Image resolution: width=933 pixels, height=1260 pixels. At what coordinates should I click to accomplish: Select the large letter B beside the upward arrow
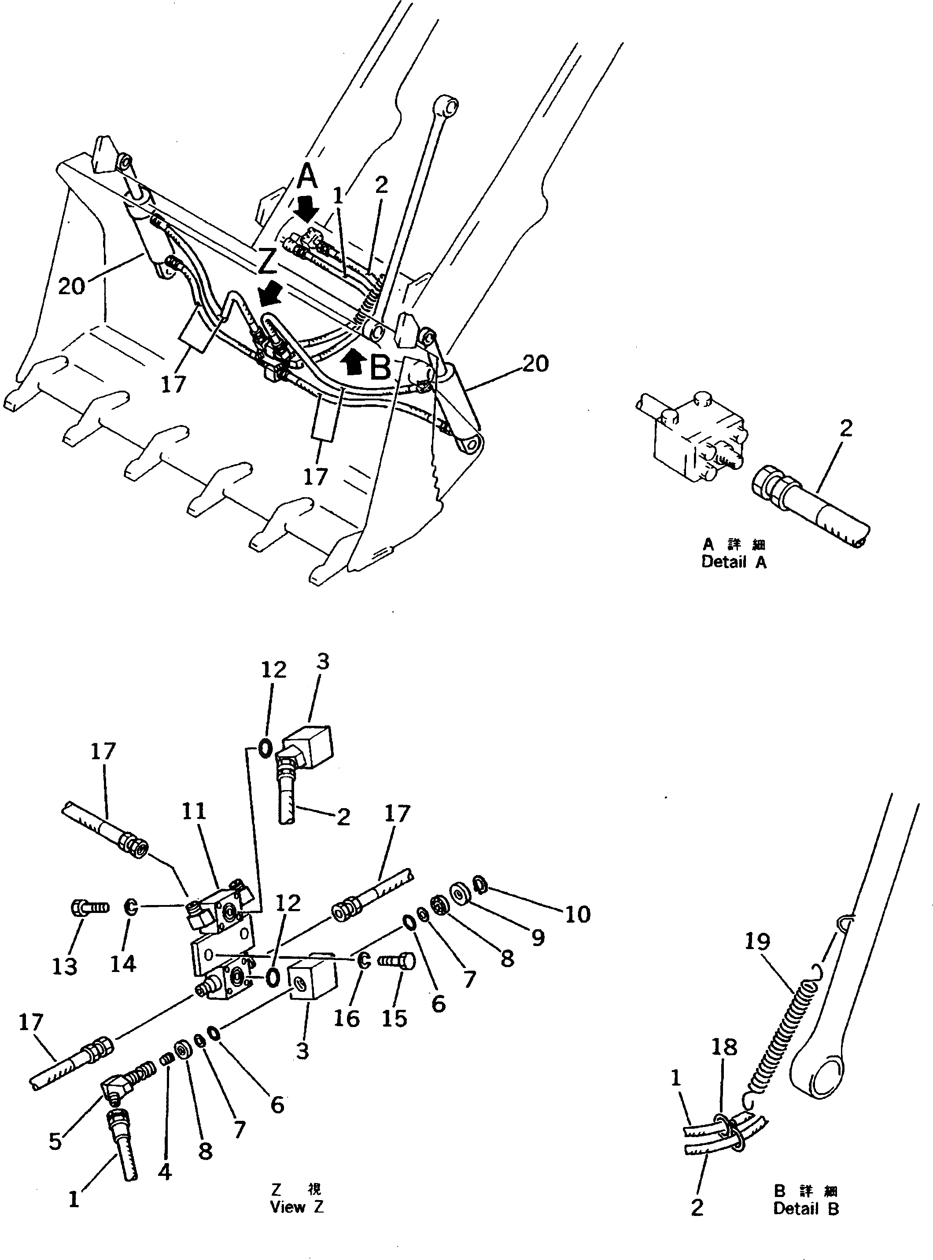coord(381,367)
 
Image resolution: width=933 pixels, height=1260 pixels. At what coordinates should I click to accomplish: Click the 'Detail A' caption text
coord(734,562)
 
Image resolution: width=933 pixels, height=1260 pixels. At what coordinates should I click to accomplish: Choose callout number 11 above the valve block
coord(194,812)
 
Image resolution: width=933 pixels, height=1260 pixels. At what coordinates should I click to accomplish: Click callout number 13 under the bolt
coord(64,966)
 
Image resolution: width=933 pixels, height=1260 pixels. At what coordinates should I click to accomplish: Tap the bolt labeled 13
coord(90,908)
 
